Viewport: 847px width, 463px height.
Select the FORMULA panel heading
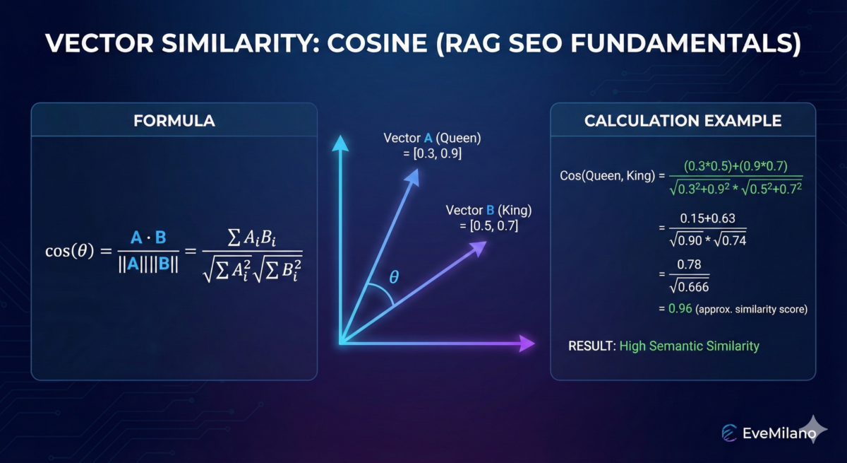pos(174,121)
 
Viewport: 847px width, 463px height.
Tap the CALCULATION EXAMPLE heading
pos(683,121)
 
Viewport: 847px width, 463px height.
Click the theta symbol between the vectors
pos(394,278)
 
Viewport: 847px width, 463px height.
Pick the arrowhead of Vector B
pos(480,245)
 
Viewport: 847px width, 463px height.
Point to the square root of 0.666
pos(689,287)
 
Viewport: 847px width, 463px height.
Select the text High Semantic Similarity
pos(689,346)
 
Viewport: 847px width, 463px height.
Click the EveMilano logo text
pos(774,433)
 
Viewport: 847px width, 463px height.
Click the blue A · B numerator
pos(148,238)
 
